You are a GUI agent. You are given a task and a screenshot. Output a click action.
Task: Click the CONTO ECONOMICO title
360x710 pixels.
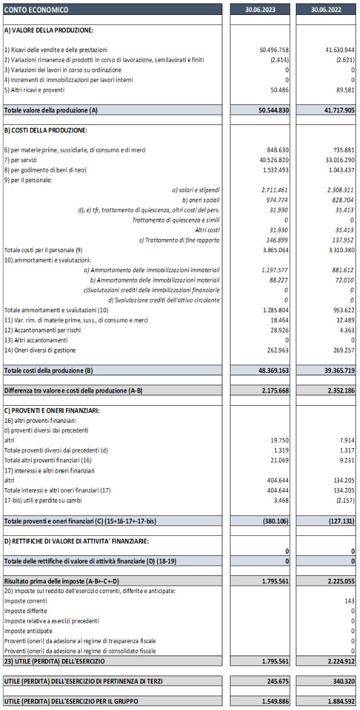pyautogui.click(x=36, y=10)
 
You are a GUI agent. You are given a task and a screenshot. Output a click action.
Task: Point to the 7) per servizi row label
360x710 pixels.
pyautogui.click(x=22, y=160)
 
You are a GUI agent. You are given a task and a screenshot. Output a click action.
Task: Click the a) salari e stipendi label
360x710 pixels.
pyautogui.click(x=195, y=189)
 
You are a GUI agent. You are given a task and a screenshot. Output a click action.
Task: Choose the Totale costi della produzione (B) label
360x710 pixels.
pyautogui.click(x=48, y=370)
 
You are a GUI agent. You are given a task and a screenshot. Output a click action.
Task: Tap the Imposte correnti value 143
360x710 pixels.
pyautogui.click(x=350, y=601)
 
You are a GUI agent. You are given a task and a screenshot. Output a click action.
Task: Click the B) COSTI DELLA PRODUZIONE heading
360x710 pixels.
pyautogui.click(x=45, y=130)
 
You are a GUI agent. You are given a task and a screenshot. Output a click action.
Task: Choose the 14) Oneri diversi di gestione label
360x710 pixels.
pyautogui.click(x=40, y=350)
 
